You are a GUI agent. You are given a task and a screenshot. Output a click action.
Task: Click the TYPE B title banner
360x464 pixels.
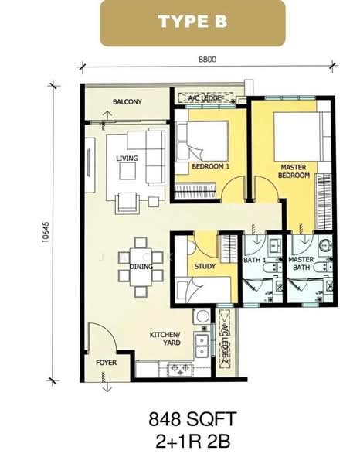point(192,22)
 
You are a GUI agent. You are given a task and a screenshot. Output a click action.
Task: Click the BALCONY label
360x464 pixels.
point(126,101)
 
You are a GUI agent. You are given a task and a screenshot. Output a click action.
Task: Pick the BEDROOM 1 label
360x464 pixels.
point(211,166)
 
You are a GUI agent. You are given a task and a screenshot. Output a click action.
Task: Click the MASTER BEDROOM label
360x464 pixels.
point(294,171)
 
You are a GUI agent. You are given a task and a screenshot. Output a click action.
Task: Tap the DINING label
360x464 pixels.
point(141,267)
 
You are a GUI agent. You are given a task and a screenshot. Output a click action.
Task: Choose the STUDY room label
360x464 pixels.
point(204,267)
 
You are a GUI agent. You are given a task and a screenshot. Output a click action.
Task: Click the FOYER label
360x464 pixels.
point(106,362)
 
